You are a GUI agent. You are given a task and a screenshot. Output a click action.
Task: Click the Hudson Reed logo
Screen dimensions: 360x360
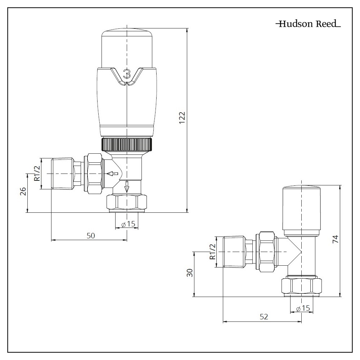[308, 24]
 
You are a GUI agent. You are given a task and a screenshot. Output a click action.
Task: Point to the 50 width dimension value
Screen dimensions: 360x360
[91, 235]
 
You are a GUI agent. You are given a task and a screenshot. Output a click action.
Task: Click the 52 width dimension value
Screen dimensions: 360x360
[264, 317]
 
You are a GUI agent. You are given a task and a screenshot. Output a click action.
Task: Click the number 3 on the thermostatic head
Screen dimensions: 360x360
[126, 74]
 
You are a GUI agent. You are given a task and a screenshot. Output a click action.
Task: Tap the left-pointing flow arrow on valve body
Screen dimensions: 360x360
[113, 174]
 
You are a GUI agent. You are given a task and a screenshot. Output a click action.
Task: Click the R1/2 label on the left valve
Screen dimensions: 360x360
[36, 174]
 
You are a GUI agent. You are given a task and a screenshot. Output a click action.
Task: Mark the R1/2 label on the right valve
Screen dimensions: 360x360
[212, 252]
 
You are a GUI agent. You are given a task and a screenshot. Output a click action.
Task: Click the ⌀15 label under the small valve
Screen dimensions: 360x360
[302, 309]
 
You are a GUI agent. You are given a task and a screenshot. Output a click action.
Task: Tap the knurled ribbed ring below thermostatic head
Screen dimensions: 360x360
[127, 145]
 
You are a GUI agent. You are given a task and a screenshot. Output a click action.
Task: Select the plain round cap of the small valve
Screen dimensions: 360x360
[302, 211]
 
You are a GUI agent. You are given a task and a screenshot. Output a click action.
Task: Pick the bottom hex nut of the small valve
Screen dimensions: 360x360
[301, 286]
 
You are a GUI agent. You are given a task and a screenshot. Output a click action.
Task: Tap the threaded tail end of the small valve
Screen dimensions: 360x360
[234, 252]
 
